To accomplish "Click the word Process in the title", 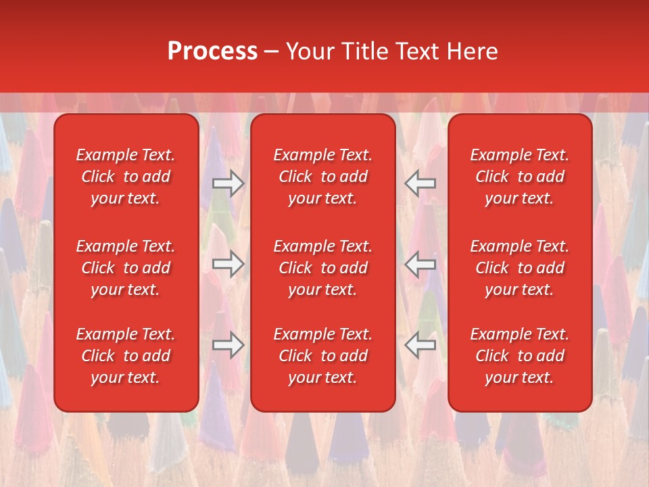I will click(212, 51).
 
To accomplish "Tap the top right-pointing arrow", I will click(228, 183).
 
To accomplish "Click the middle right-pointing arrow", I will click(228, 264).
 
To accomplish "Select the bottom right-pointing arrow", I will click(228, 345).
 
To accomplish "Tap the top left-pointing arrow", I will click(420, 183).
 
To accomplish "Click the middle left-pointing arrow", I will click(420, 264).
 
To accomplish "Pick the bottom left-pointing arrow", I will click(420, 345).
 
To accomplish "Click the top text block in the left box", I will click(126, 177).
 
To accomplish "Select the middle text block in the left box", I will click(126, 268).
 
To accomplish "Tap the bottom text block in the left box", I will click(126, 356).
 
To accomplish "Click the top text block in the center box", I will click(323, 177).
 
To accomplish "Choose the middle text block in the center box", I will click(323, 268).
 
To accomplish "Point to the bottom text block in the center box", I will click(323, 356).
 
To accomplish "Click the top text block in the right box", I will click(520, 177).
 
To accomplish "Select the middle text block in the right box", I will click(520, 268).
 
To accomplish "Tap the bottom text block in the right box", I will click(520, 356).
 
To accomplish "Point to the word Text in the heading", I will click(416, 51).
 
